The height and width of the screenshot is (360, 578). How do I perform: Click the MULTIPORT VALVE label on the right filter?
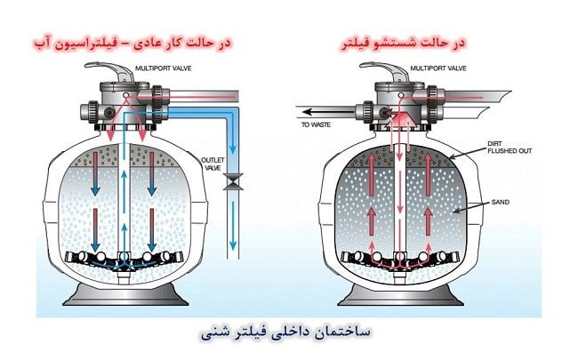(431, 67)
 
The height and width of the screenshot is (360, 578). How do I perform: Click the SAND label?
(499, 203)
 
